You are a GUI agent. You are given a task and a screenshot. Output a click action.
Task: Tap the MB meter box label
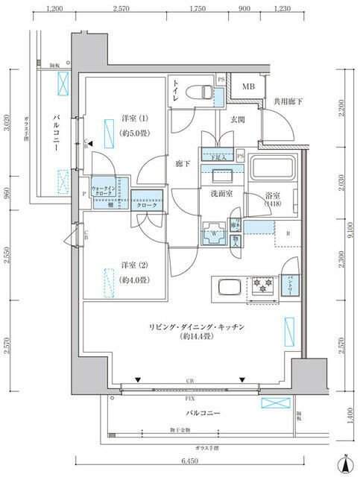click(247, 87)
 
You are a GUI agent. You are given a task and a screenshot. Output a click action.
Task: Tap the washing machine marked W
click(215, 233)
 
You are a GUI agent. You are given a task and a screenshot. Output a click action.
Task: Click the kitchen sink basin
click(228, 287)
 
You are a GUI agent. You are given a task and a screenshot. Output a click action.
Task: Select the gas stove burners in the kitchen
click(263, 285)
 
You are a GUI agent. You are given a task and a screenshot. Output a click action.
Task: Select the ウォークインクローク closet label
click(104, 190)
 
